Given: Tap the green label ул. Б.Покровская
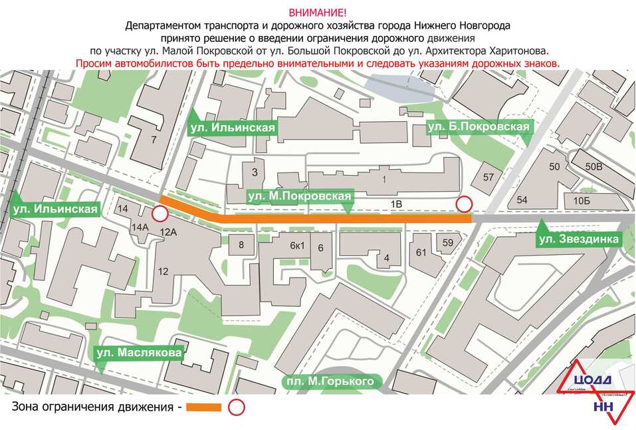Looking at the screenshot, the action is [478, 126].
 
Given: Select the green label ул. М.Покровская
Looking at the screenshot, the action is [298, 196].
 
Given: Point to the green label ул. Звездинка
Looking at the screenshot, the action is [579, 238].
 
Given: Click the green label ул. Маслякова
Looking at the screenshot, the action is [139, 353].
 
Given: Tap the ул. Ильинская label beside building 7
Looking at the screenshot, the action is [232, 126].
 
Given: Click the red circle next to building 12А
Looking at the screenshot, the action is [159, 214].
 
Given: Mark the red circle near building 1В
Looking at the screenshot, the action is [463, 204].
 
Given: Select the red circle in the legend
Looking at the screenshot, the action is [236, 407].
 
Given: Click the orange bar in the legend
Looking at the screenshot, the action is [203, 407].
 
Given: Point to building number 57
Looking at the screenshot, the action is [488, 177].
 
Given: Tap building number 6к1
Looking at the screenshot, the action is [296, 244].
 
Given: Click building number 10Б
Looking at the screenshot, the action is [582, 200].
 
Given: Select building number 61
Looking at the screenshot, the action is [421, 252].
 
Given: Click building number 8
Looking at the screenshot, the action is [241, 244].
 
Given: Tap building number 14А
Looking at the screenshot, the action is [140, 227].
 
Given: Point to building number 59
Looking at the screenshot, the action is [447, 243].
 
